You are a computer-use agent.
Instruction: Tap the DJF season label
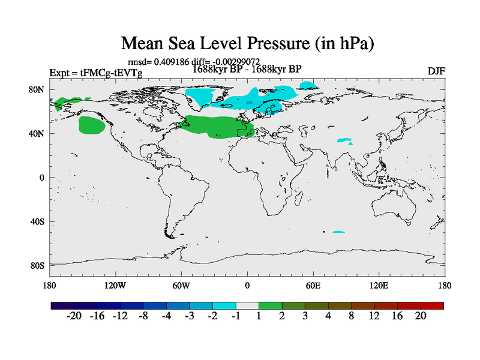click(436, 71)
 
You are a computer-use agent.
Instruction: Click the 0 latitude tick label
click(43, 178)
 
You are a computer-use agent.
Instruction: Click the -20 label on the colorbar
click(74, 316)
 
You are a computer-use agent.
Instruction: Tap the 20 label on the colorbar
click(420, 316)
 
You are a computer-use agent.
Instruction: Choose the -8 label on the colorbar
click(143, 316)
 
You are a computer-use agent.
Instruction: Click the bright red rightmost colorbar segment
click(432, 305)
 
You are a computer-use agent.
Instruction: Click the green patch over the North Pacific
click(92, 125)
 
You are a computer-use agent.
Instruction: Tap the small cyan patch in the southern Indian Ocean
click(338, 232)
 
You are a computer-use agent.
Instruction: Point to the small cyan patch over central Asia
click(344, 141)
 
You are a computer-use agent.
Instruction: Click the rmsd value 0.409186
click(170, 62)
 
